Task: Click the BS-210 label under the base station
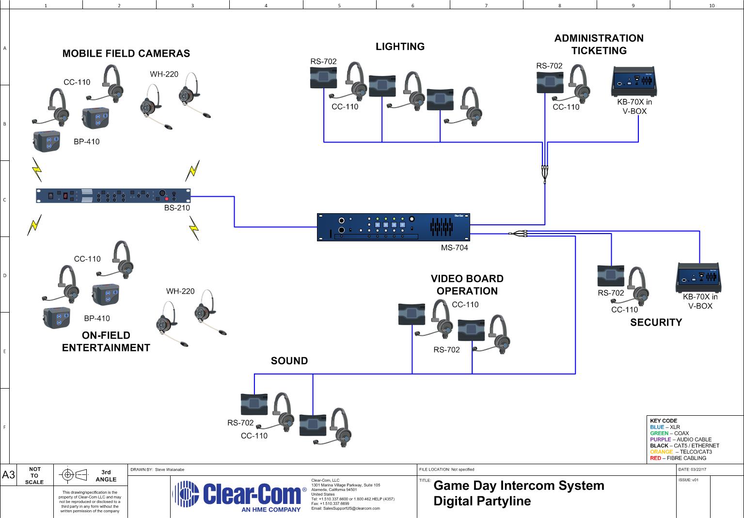[x=177, y=208]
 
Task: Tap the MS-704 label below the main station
[x=454, y=248]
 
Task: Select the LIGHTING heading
[x=400, y=47]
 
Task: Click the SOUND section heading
[x=289, y=361]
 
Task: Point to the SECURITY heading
[x=656, y=322]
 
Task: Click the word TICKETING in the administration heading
[x=599, y=51]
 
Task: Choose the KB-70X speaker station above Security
[x=698, y=277]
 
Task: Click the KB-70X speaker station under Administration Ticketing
[x=633, y=81]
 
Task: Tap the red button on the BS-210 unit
[x=166, y=199]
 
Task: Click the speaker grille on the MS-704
[x=442, y=227]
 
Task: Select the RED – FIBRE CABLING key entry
[x=678, y=458]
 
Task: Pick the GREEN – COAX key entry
[x=669, y=433]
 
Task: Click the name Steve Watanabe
[x=169, y=470]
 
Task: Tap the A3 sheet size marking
[x=8, y=475]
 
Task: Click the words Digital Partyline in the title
[x=482, y=501]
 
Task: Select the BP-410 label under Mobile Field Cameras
[x=86, y=142]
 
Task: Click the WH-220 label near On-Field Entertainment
[x=180, y=291]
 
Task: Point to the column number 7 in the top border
[x=486, y=6]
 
